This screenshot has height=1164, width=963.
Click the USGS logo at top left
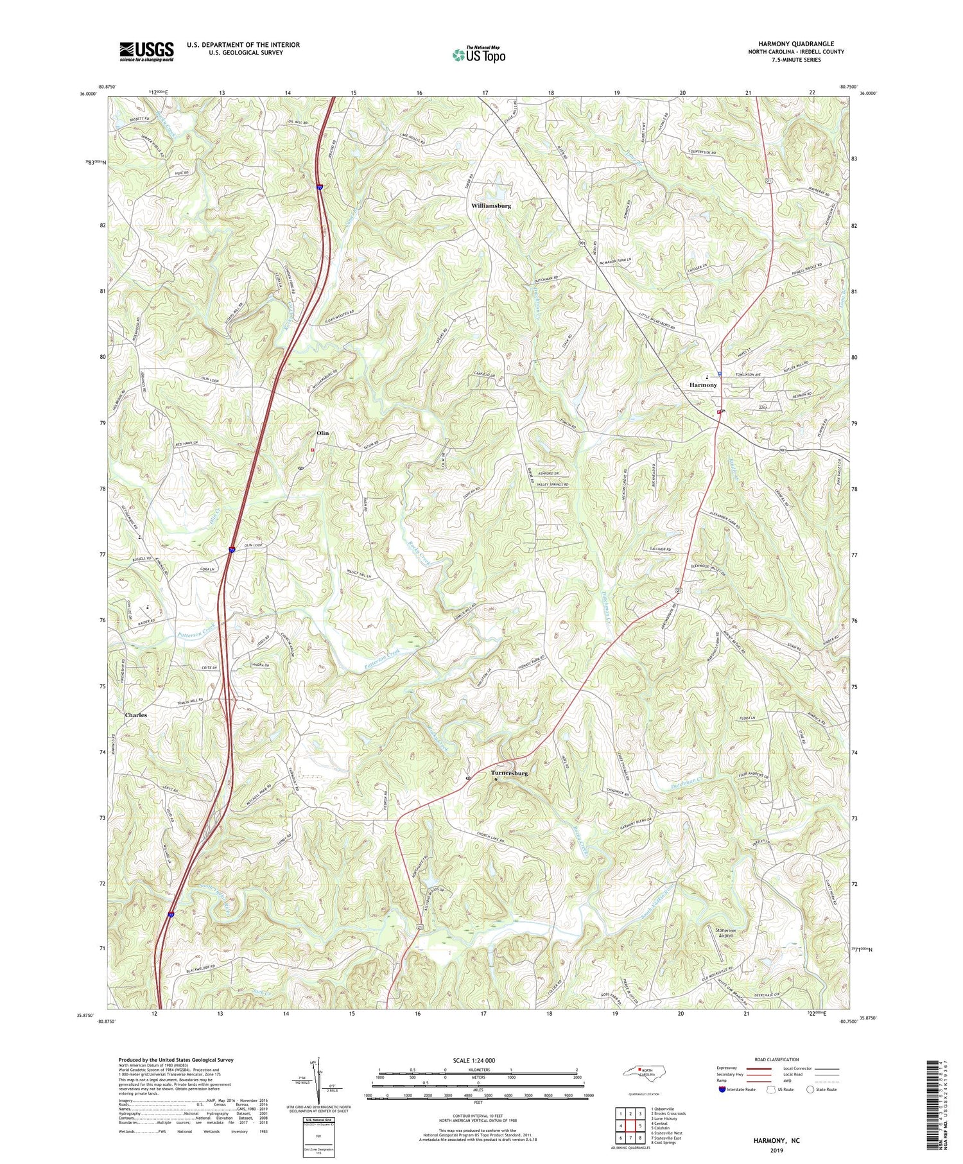tap(146, 51)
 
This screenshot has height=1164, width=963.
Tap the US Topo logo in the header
tap(478, 55)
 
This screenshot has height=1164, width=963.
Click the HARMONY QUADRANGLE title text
tap(795, 44)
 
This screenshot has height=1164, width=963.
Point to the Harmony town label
tap(703, 385)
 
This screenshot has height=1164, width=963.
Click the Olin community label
tap(322, 433)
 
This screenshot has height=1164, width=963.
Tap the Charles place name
tap(136, 715)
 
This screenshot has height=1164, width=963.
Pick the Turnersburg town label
tap(509, 773)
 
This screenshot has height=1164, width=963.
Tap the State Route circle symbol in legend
tap(811, 1089)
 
